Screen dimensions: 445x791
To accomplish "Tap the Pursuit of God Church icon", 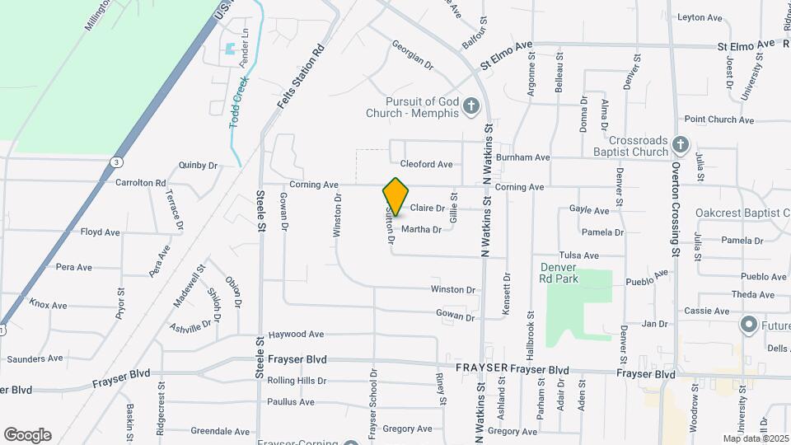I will coord(471,105).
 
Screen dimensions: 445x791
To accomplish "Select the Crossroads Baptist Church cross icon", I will coord(680,145).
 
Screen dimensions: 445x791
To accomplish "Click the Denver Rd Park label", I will coord(559,273).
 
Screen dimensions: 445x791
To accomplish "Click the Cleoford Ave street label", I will coord(426,164).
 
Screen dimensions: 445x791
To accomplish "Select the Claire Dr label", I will coord(427,208).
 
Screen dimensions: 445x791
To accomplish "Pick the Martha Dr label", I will coord(421,229).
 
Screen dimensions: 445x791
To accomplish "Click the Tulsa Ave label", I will coord(579,255).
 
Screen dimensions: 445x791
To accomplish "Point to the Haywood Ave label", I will coord(296,335).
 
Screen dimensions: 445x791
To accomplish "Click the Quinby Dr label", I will coord(198,165).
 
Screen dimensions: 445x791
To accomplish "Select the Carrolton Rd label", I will coord(140,183).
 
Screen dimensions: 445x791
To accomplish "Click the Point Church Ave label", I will coord(718,119).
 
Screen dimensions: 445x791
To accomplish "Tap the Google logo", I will coord(27,435).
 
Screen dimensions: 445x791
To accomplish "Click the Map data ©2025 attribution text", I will coord(755,438).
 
